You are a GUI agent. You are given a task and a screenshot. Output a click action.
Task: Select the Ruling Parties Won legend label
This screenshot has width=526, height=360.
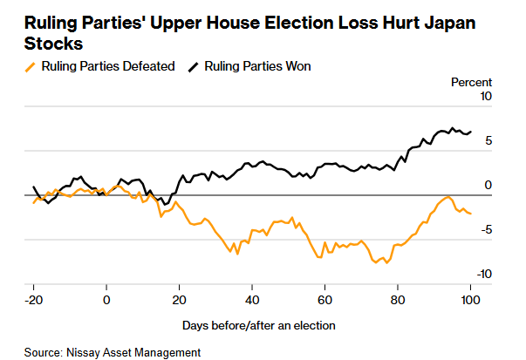[x=257, y=66]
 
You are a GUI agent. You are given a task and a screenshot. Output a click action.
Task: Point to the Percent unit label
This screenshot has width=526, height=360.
[x=471, y=82]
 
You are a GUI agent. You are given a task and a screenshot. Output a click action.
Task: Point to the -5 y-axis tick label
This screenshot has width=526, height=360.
[x=488, y=230]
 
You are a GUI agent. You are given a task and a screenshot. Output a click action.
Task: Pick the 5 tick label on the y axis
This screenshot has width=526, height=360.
[x=490, y=140]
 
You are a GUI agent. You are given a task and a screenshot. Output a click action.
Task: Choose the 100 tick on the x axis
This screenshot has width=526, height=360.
[x=470, y=300]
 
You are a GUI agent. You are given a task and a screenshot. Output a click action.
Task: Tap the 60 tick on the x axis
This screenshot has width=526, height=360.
[x=324, y=300]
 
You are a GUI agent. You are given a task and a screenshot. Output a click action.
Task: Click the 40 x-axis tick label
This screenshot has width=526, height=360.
[x=251, y=300]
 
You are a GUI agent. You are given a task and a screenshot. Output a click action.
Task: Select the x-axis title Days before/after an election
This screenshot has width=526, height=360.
[x=259, y=325]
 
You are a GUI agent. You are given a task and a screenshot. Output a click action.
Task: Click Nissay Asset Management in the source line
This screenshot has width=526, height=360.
[x=133, y=352]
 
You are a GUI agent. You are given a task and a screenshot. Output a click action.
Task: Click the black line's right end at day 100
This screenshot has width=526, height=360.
[x=471, y=132]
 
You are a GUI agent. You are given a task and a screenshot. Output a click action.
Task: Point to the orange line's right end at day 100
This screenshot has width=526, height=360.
[x=471, y=213]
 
